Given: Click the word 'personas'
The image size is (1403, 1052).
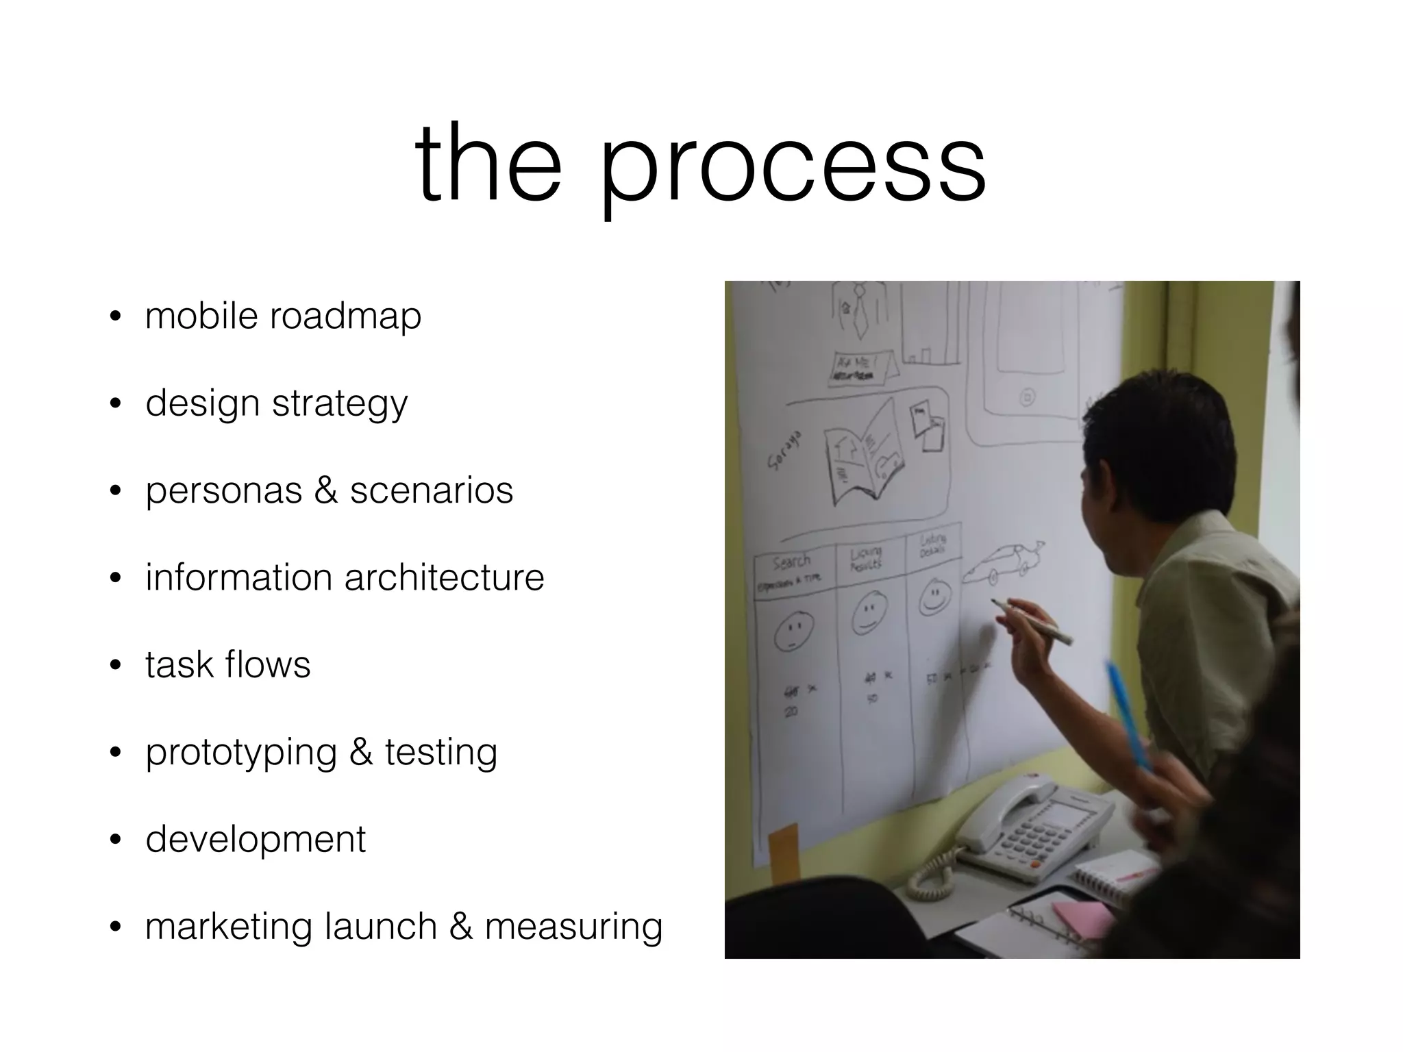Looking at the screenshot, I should tap(223, 491).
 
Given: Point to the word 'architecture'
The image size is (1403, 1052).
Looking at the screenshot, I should tap(444, 577).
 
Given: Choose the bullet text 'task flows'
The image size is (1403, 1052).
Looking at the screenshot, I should tap(227, 665).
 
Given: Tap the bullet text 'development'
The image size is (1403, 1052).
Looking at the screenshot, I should tap(256, 840).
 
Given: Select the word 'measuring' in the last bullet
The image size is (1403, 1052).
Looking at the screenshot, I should tap(573, 927).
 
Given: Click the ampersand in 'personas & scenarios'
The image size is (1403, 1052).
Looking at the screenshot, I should tap(326, 491).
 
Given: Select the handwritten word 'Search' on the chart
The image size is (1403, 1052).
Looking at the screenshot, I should tap(791, 563).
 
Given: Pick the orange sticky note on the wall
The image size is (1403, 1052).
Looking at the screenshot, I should tap(784, 853).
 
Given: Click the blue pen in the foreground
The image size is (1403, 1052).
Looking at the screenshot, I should tap(1128, 712).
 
